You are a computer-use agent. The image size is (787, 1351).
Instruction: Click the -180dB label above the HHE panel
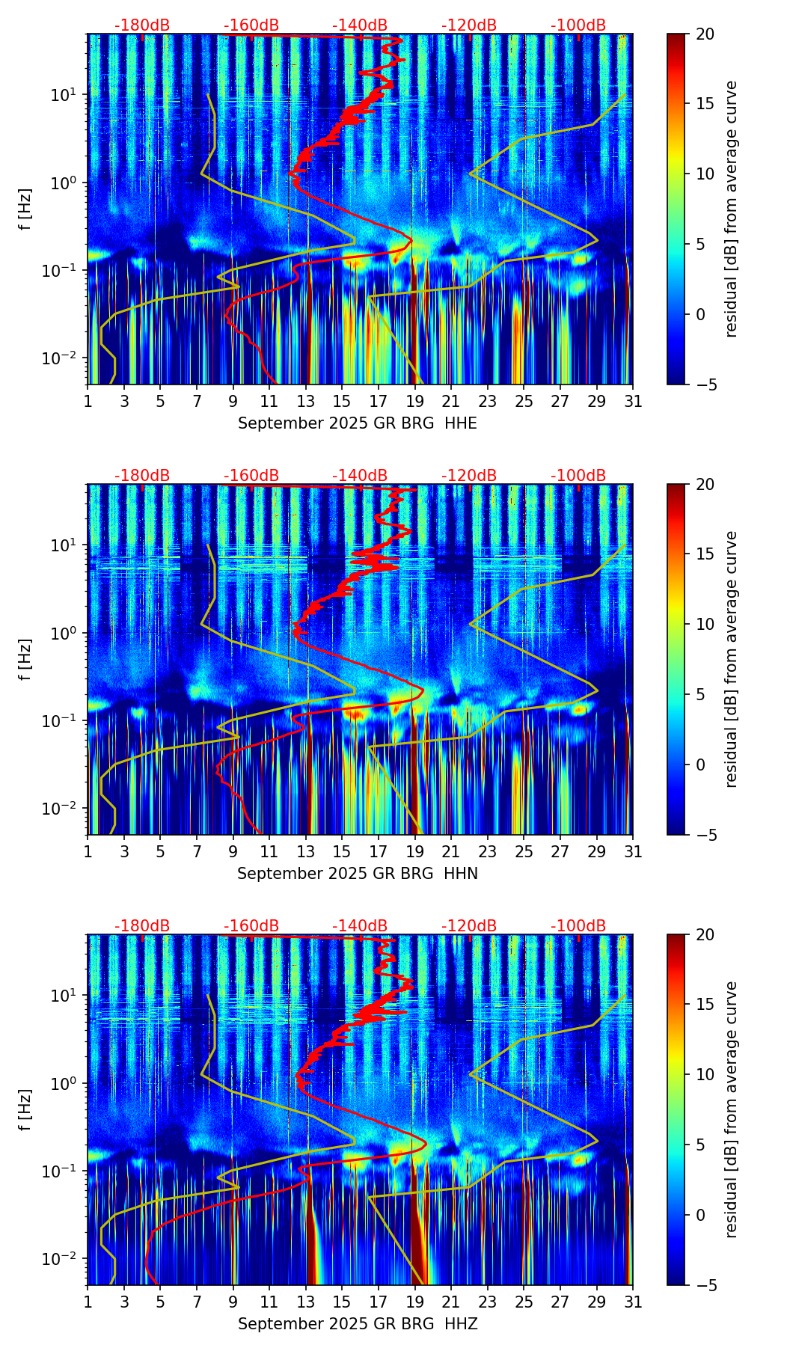[142, 25]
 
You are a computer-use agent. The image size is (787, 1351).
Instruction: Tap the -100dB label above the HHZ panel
[578, 926]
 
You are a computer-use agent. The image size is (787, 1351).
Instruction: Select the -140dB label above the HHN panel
[360, 476]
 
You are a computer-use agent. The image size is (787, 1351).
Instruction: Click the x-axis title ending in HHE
[358, 423]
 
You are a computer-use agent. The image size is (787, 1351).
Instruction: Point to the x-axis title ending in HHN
[358, 874]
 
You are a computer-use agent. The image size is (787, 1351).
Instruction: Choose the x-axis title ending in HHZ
[358, 1324]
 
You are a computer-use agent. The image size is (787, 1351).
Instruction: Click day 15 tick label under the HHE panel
[342, 402]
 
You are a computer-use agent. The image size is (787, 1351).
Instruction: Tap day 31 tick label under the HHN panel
[633, 852]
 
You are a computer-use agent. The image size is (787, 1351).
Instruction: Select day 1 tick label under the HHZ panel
[88, 1302]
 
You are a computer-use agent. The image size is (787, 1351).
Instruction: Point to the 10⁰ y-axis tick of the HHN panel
[65, 633]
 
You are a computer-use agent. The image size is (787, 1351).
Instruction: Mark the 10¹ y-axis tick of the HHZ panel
[65, 996]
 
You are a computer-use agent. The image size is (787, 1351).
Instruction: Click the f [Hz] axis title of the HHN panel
[25, 659]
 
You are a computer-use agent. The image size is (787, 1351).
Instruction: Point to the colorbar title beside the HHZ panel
[731, 1109]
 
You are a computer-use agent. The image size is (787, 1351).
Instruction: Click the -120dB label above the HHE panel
[469, 25]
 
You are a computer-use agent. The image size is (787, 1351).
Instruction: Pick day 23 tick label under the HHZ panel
[488, 1302]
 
